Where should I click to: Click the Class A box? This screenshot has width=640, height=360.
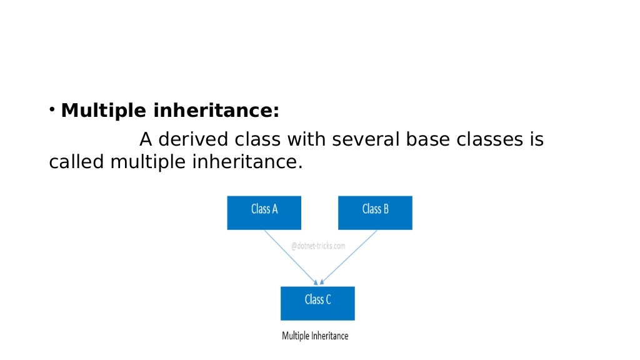(264, 212)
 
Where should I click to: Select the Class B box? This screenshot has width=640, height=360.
(375, 212)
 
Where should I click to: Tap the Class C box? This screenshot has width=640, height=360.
(317, 303)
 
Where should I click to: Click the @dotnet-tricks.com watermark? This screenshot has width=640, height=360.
(318, 246)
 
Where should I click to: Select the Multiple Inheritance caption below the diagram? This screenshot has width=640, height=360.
(315, 336)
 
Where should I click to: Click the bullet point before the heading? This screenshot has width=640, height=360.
(52, 111)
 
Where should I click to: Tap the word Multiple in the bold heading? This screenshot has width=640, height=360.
(104, 111)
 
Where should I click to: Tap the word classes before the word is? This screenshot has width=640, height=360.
(491, 139)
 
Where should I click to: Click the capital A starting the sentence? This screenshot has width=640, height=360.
(146, 139)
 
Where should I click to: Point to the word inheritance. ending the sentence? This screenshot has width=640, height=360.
(247, 162)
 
